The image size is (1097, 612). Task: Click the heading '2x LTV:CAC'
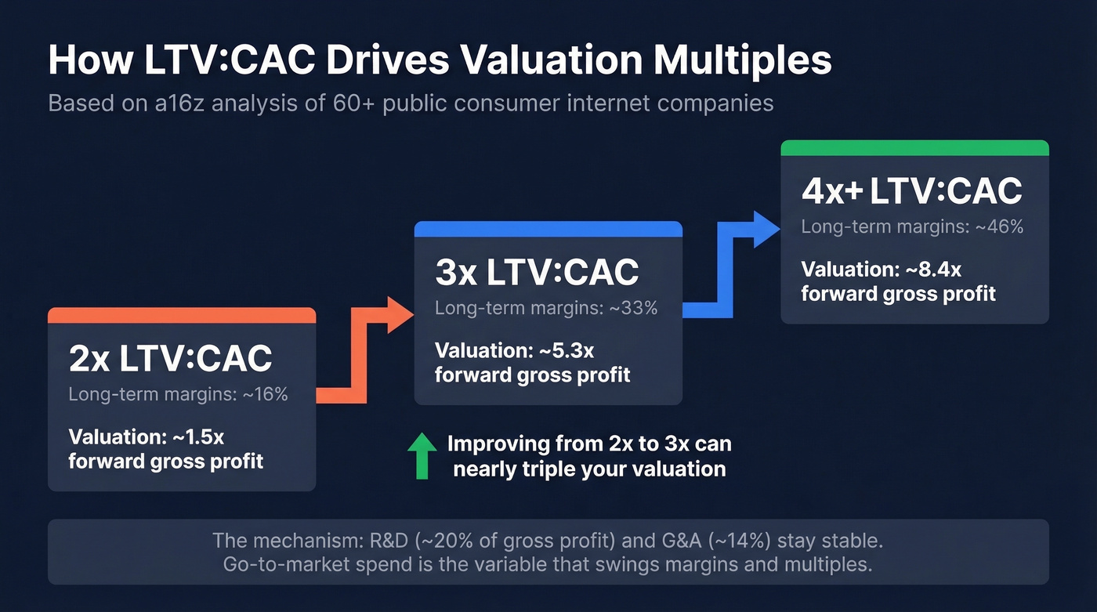pyautogui.click(x=170, y=359)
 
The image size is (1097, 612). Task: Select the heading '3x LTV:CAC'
pyautogui.click(x=537, y=272)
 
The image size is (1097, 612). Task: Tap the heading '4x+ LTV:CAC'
pyautogui.click(x=911, y=191)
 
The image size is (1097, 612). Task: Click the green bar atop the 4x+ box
pyautogui.click(x=914, y=148)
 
